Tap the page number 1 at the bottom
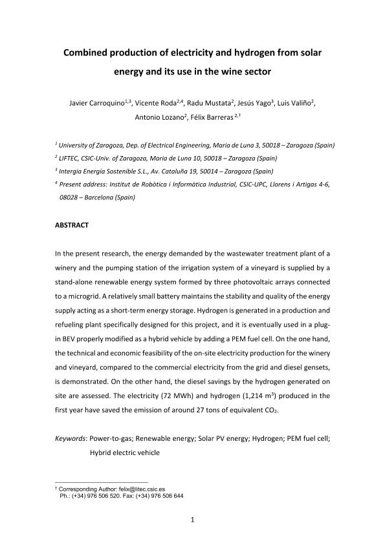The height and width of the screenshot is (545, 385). click(192, 519)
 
